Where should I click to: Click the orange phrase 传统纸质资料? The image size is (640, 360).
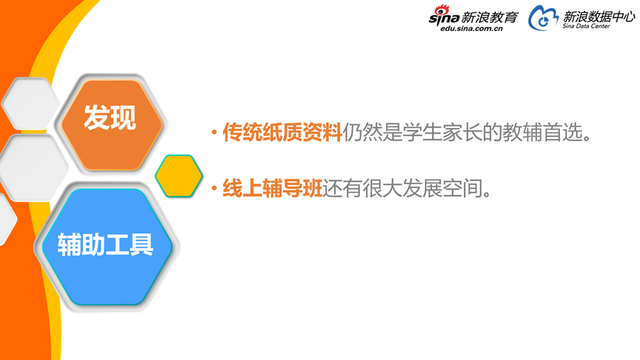tap(282, 133)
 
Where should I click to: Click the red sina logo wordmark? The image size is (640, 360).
tap(442, 17)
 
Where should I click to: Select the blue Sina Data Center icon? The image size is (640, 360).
tap(543, 18)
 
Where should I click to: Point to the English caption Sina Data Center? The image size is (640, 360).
tap(587, 29)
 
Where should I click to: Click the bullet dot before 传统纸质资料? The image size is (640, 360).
tap(213, 134)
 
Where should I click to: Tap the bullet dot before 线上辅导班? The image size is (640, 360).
tap(213, 189)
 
